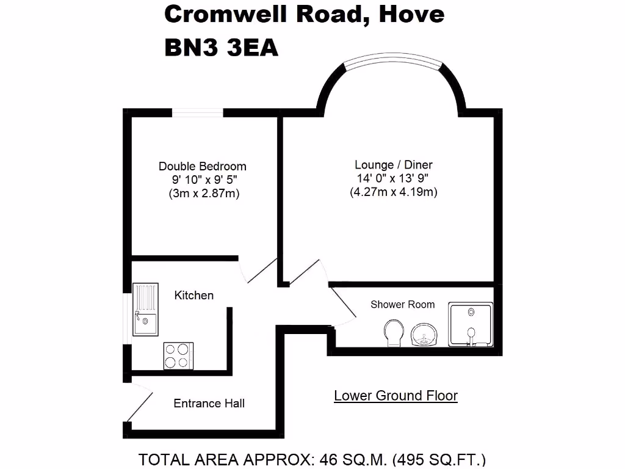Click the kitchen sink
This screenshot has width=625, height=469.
145,310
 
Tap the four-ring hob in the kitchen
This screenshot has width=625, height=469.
178,355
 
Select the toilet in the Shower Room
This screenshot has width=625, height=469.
392,334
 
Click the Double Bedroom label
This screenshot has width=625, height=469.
203,166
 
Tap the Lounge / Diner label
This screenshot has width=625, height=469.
394,165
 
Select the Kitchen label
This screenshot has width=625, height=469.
194,296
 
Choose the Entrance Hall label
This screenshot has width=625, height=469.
209,403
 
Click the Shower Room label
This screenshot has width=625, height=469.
403,304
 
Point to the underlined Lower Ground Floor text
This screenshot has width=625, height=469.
396,396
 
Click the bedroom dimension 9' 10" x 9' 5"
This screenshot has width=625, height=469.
203,180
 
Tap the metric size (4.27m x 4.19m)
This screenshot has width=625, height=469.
394,192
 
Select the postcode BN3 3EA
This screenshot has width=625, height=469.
221,48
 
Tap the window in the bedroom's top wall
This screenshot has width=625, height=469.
198,112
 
